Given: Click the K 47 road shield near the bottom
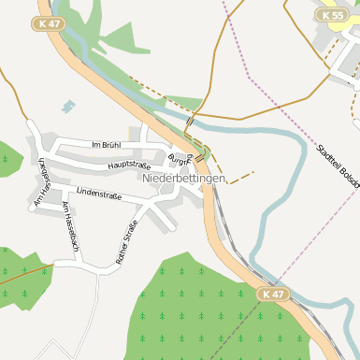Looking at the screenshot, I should [x=273, y=294].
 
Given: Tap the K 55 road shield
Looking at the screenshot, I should [x=330, y=16].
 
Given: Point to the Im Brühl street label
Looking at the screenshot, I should [x=107, y=145].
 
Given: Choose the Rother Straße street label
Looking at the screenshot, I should [x=127, y=241].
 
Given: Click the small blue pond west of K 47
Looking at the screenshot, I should [x=68, y=106].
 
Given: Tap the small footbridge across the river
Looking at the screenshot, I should [x=190, y=121].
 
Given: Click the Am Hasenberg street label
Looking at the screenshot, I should [x=41, y=184].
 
